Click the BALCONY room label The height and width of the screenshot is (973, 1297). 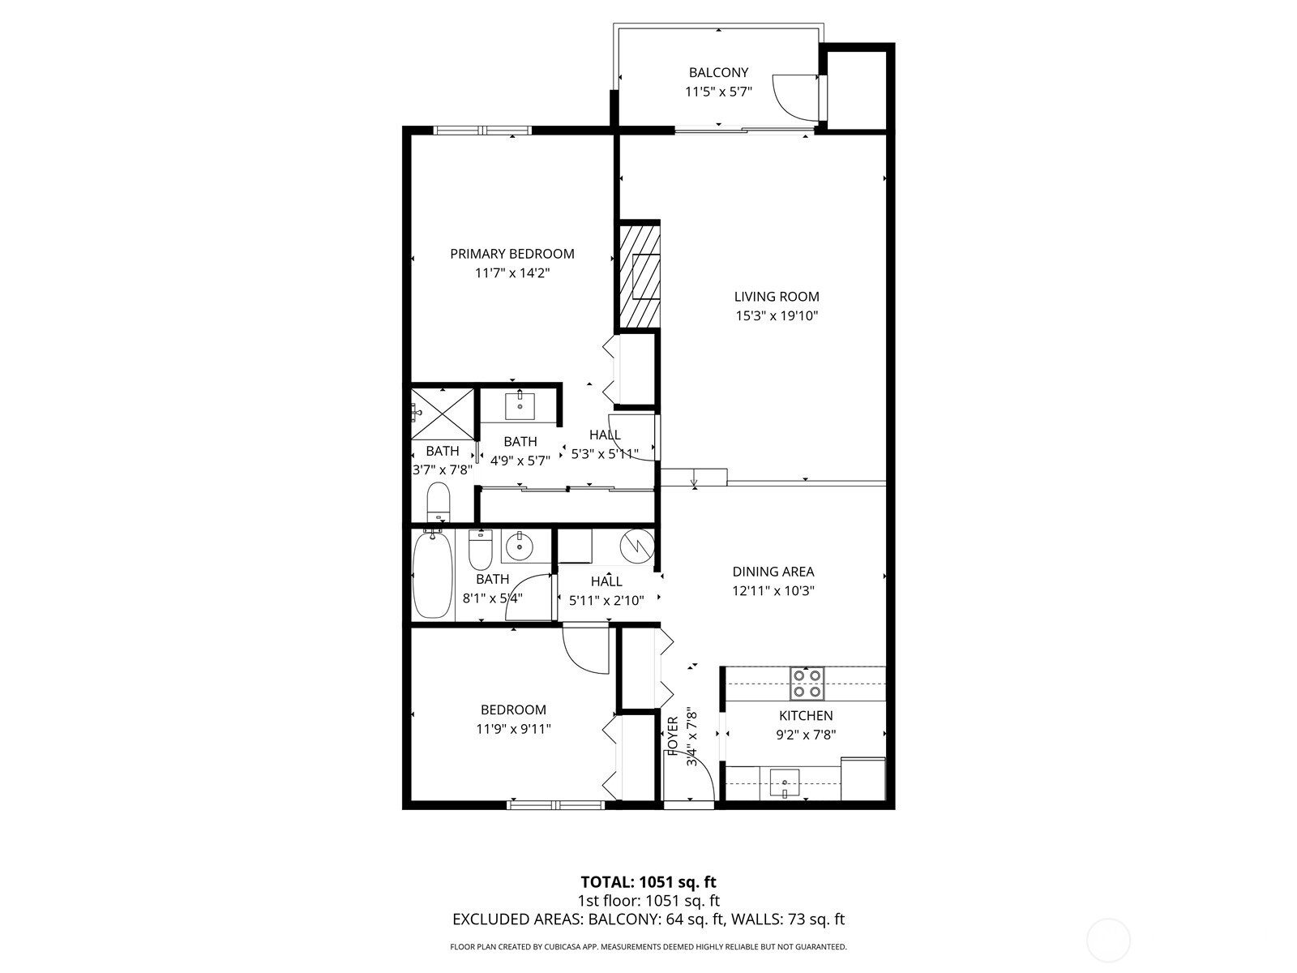(x=718, y=73)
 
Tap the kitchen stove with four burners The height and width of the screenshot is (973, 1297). (x=807, y=684)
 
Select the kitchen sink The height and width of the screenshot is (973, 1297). (x=784, y=782)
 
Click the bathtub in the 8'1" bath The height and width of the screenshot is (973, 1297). (x=432, y=575)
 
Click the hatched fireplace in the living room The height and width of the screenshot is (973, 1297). (x=640, y=275)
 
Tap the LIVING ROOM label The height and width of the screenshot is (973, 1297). (x=777, y=297)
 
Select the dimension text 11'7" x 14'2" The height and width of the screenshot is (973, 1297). (x=512, y=273)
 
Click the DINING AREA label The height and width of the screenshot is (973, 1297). (x=773, y=572)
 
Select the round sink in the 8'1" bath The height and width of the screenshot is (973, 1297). (x=517, y=547)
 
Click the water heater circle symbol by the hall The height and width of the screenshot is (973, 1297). (x=636, y=546)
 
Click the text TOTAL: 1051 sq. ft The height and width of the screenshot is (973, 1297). (x=648, y=881)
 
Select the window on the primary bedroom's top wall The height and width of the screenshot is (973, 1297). (x=482, y=130)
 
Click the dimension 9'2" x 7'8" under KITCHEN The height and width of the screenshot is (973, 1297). (x=806, y=735)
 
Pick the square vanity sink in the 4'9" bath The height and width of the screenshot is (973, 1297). (x=520, y=405)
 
